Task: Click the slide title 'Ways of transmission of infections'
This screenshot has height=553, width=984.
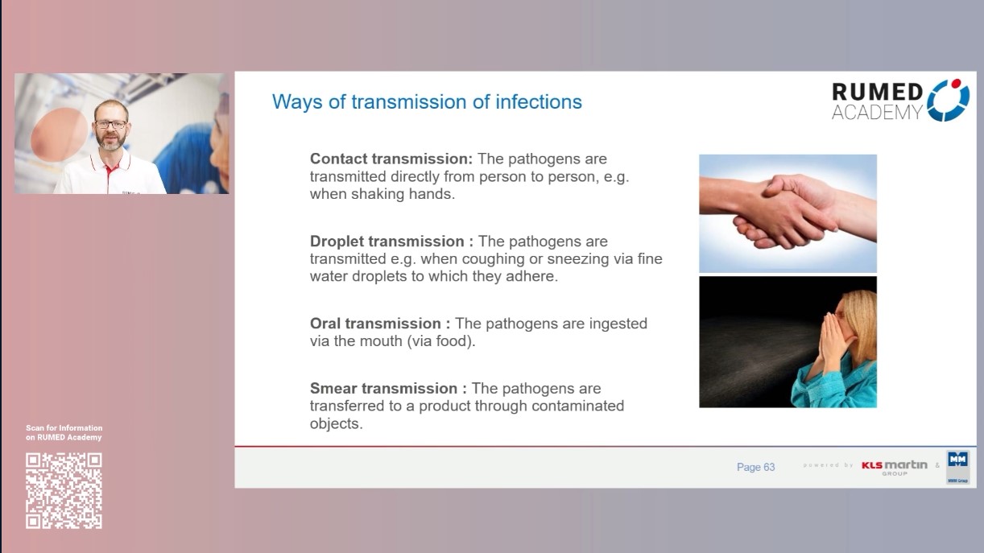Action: pyautogui.click(x=427, y=102)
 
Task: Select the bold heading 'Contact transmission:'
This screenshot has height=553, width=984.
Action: pyautogui.click(x=391, y=159)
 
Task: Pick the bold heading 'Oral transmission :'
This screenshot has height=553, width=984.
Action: pyautogui.click(x=380, y=323)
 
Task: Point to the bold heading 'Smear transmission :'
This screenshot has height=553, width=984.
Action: pyautogui.click(x=388, y=388)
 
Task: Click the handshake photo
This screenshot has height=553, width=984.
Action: pyautogui.click(x=788, y=213)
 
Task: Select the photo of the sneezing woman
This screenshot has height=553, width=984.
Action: pyautogui.click(x=788, y=341)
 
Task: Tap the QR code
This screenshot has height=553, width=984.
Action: pyautogui.click(x=64, y=490)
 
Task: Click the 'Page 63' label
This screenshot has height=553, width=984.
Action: pyautogui.click(x=755, y=467)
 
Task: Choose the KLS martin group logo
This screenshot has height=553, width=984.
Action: pyautogui.click(x=894, y=467)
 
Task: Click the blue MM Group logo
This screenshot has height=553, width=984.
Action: pyautogui.click(x=957, y=466)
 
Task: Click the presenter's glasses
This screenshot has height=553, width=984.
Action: pyautogui.click(x=111, y=125)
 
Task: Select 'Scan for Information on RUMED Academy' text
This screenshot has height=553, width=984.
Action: pyautogui.click(x=64, y=433)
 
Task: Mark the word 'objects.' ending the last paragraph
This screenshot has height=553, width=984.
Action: pyautogui.click(x=336, y=423)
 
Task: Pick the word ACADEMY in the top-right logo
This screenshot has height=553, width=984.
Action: pyautogui.click(x=876, y=113)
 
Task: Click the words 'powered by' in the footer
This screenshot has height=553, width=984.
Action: pyautogui.click(x=828, y=465)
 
